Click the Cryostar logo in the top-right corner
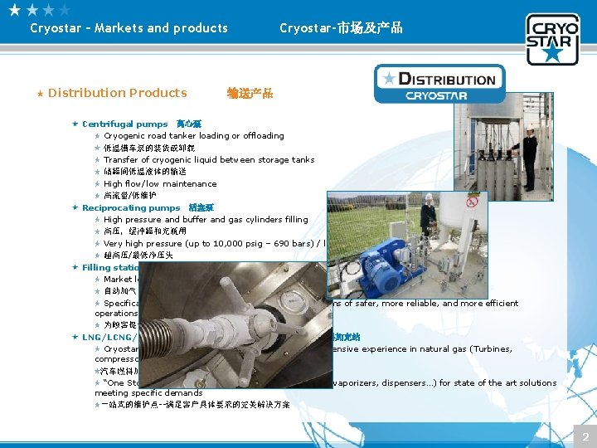[x=552, y=38]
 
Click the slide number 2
[x=585, y=436]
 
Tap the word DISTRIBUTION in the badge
[x=447, y=80]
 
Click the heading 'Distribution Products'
[x=117, y=93]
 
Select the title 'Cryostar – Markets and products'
[x=129, y=28]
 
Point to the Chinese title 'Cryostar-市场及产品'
[x=341, y=28]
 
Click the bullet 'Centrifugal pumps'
[x=124, y=124]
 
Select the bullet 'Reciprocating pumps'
[x=130, y=207]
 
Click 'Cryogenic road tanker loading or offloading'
[x=193, y=136]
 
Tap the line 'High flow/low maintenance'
[x=160, y=183]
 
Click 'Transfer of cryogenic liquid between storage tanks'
[x=209, y=160]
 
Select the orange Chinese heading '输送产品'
[x=250, y=93]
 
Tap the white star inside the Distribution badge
[x=388, y=79]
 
